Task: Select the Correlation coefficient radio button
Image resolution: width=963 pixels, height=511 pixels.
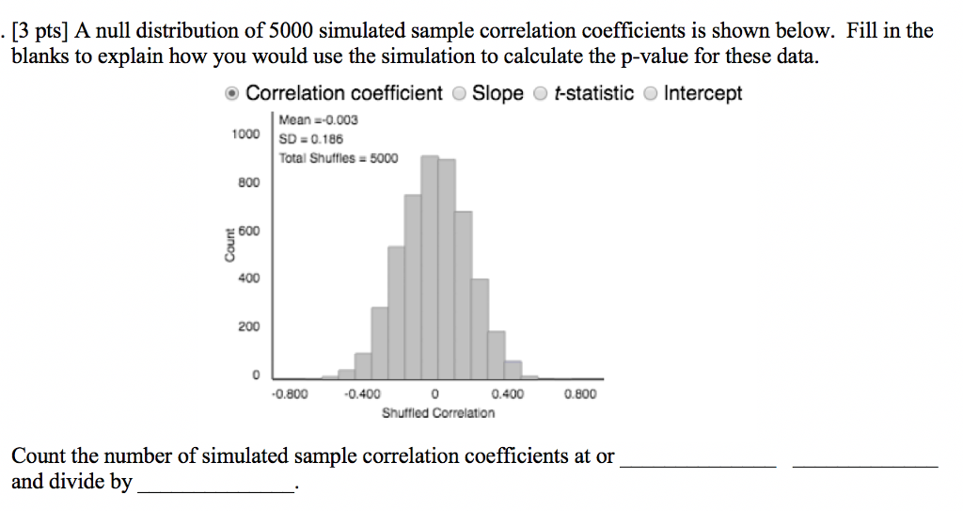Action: click(x=231, y=93)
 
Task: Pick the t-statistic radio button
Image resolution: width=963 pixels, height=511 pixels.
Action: click(x=541, y=93)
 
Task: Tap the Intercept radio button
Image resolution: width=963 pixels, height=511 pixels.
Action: click(x=650, y=93)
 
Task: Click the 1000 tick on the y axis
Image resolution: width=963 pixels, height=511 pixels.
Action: click(x=245, y=135)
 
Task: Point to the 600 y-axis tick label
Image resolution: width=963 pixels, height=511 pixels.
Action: click(x=249, y=231)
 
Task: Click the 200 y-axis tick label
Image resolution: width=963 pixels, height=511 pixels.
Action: click(x=249, y=327)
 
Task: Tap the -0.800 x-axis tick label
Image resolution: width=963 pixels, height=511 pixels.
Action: click(x=290, y=394)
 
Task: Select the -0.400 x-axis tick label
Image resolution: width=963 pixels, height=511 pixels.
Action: click(x=362, y=394)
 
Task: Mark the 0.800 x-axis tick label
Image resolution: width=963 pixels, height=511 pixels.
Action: click(x=579, y=394)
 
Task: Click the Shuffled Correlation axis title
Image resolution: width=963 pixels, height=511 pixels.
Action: click(x=437, y=413)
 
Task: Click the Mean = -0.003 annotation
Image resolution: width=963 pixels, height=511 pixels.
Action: click(x=318, y=120)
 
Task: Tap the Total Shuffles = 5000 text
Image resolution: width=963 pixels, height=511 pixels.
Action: click(x=338, y=158)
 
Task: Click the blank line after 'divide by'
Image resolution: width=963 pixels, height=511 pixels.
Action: click(x=215, y=484)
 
